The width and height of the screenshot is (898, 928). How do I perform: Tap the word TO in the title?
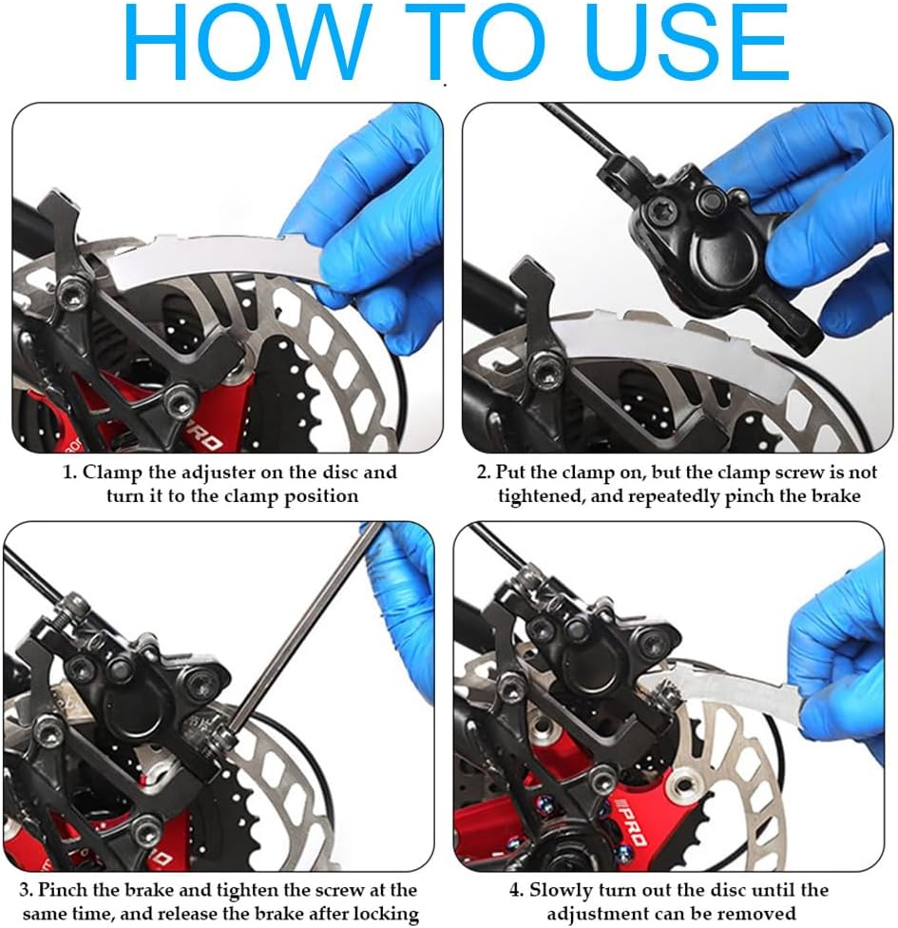click(479, 42)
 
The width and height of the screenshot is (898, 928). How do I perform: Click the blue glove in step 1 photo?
click(366, 237)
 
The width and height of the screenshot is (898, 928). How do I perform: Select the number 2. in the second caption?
click(484, 473)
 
